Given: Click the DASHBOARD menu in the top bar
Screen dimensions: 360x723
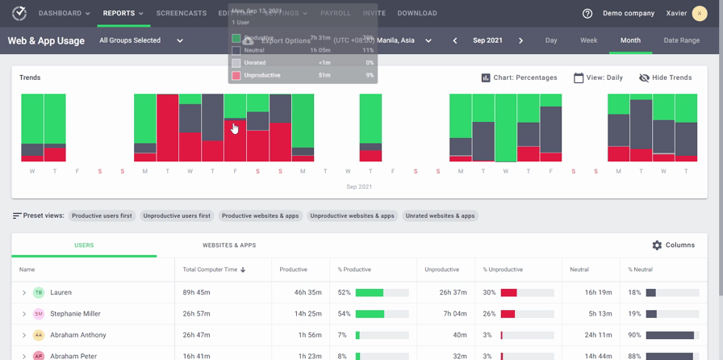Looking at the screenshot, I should click(64, 13).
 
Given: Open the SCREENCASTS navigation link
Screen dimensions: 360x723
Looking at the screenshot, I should click(181, 13).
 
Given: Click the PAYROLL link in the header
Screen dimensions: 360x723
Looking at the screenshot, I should click(335, 13).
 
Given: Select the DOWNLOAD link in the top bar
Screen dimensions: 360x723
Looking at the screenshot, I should click(417, 13).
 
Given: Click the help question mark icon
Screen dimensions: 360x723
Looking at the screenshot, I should click(587, 14).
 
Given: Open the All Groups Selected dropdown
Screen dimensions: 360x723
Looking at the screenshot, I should click(141, 40).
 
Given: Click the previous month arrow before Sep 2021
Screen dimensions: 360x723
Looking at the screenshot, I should click(455, 40).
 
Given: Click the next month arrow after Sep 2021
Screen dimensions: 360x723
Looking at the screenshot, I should click(520, 40).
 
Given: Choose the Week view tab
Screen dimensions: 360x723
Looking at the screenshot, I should click(588, 40).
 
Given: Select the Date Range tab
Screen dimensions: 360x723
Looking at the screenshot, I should click(681, 40).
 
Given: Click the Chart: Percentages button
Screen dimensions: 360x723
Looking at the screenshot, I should click(519, 77).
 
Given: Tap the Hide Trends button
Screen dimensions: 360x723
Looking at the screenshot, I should click(665, 77).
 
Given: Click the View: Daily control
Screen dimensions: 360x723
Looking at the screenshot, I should click(598, 77).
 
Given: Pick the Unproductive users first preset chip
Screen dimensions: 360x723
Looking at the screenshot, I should click(177, 216).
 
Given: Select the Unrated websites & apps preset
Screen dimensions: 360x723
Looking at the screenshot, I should click(440, 216).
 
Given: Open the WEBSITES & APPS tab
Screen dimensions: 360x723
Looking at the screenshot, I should click(229, 245).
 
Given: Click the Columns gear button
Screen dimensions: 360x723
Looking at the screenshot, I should click(673, 245).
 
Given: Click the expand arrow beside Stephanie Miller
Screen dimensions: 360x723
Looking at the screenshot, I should click(24, 314).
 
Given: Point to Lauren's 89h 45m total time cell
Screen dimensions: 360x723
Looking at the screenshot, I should click(197, 293).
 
